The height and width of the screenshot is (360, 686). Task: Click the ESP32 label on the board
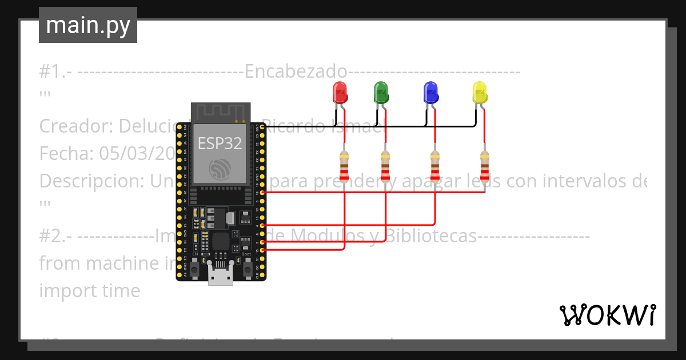(220, 143)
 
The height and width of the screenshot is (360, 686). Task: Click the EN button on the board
(195, 268)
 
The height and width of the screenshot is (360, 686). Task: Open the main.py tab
(88, 25)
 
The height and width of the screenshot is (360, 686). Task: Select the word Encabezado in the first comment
(296, 72)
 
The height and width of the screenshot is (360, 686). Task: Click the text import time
(89, 290)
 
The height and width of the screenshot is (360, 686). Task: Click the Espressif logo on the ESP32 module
(220, 170)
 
